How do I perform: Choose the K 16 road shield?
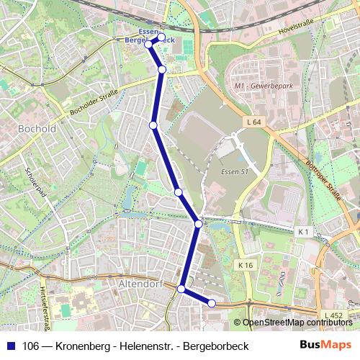pos(246,266)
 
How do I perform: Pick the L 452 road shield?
pos(333,315)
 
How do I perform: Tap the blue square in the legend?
pos(11,346)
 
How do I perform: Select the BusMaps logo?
pos(325,346)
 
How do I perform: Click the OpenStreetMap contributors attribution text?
pos(297,323)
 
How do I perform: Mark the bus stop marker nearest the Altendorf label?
pos(181,289)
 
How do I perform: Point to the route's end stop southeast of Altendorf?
pos(212,304)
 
